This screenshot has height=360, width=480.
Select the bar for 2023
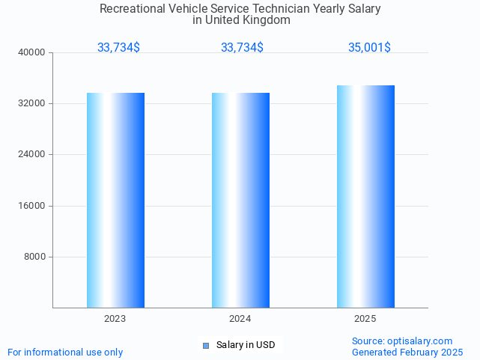115,200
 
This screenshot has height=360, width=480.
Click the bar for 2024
240,200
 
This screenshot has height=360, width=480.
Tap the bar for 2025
365,196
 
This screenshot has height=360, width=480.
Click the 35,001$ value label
369,47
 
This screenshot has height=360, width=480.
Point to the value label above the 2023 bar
118,47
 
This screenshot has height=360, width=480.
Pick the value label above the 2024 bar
242,47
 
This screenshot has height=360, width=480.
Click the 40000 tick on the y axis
33,52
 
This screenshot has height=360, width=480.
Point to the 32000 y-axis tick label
33,103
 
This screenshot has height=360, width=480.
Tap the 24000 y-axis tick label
33,154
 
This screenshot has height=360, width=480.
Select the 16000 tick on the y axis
33,206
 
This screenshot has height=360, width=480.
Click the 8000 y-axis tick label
35,257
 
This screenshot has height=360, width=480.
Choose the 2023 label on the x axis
115,318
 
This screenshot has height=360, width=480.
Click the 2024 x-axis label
240,318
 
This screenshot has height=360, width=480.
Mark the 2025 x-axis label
365,318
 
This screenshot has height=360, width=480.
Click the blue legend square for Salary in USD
206,345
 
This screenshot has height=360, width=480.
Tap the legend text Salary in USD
246,345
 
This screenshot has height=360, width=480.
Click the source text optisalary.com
402,341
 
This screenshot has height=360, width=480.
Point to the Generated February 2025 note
407,352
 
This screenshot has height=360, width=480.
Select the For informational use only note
65,352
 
